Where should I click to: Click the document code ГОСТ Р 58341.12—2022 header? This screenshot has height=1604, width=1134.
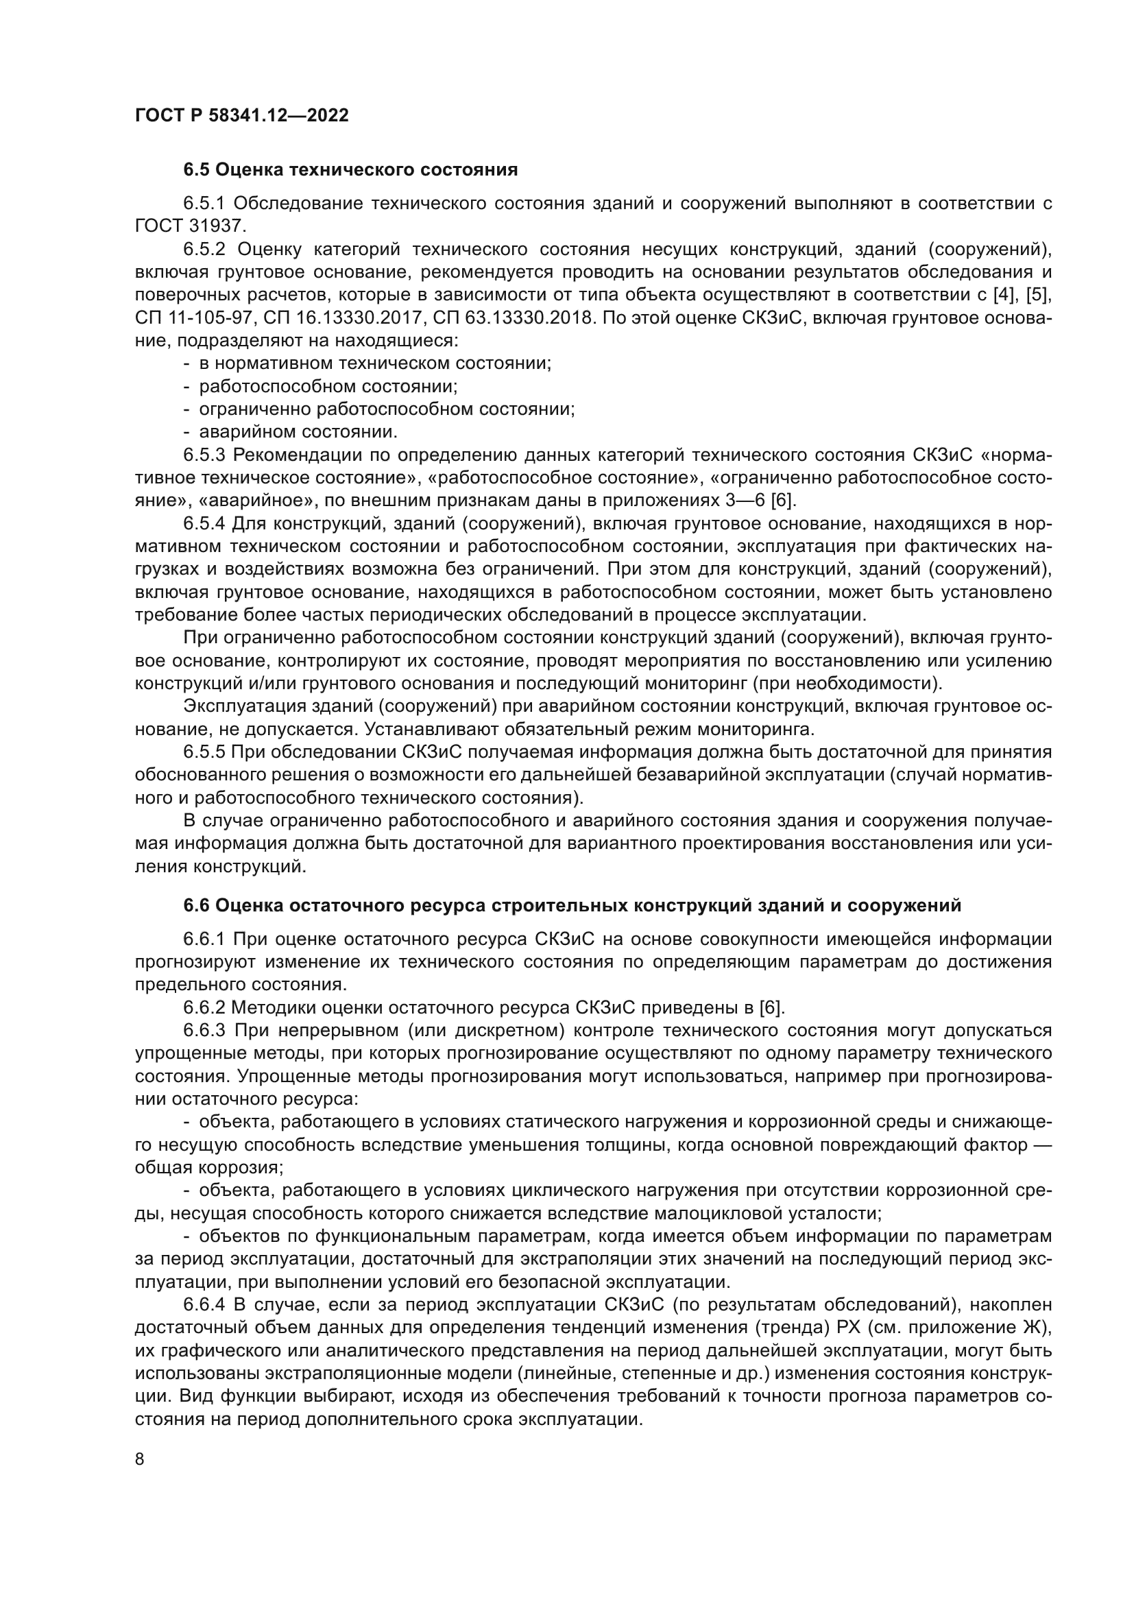[x=241, y=115]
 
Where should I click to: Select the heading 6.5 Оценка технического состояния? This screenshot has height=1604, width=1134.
[x=350, y=170]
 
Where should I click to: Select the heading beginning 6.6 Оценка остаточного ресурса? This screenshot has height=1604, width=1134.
[x=572, y=905]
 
